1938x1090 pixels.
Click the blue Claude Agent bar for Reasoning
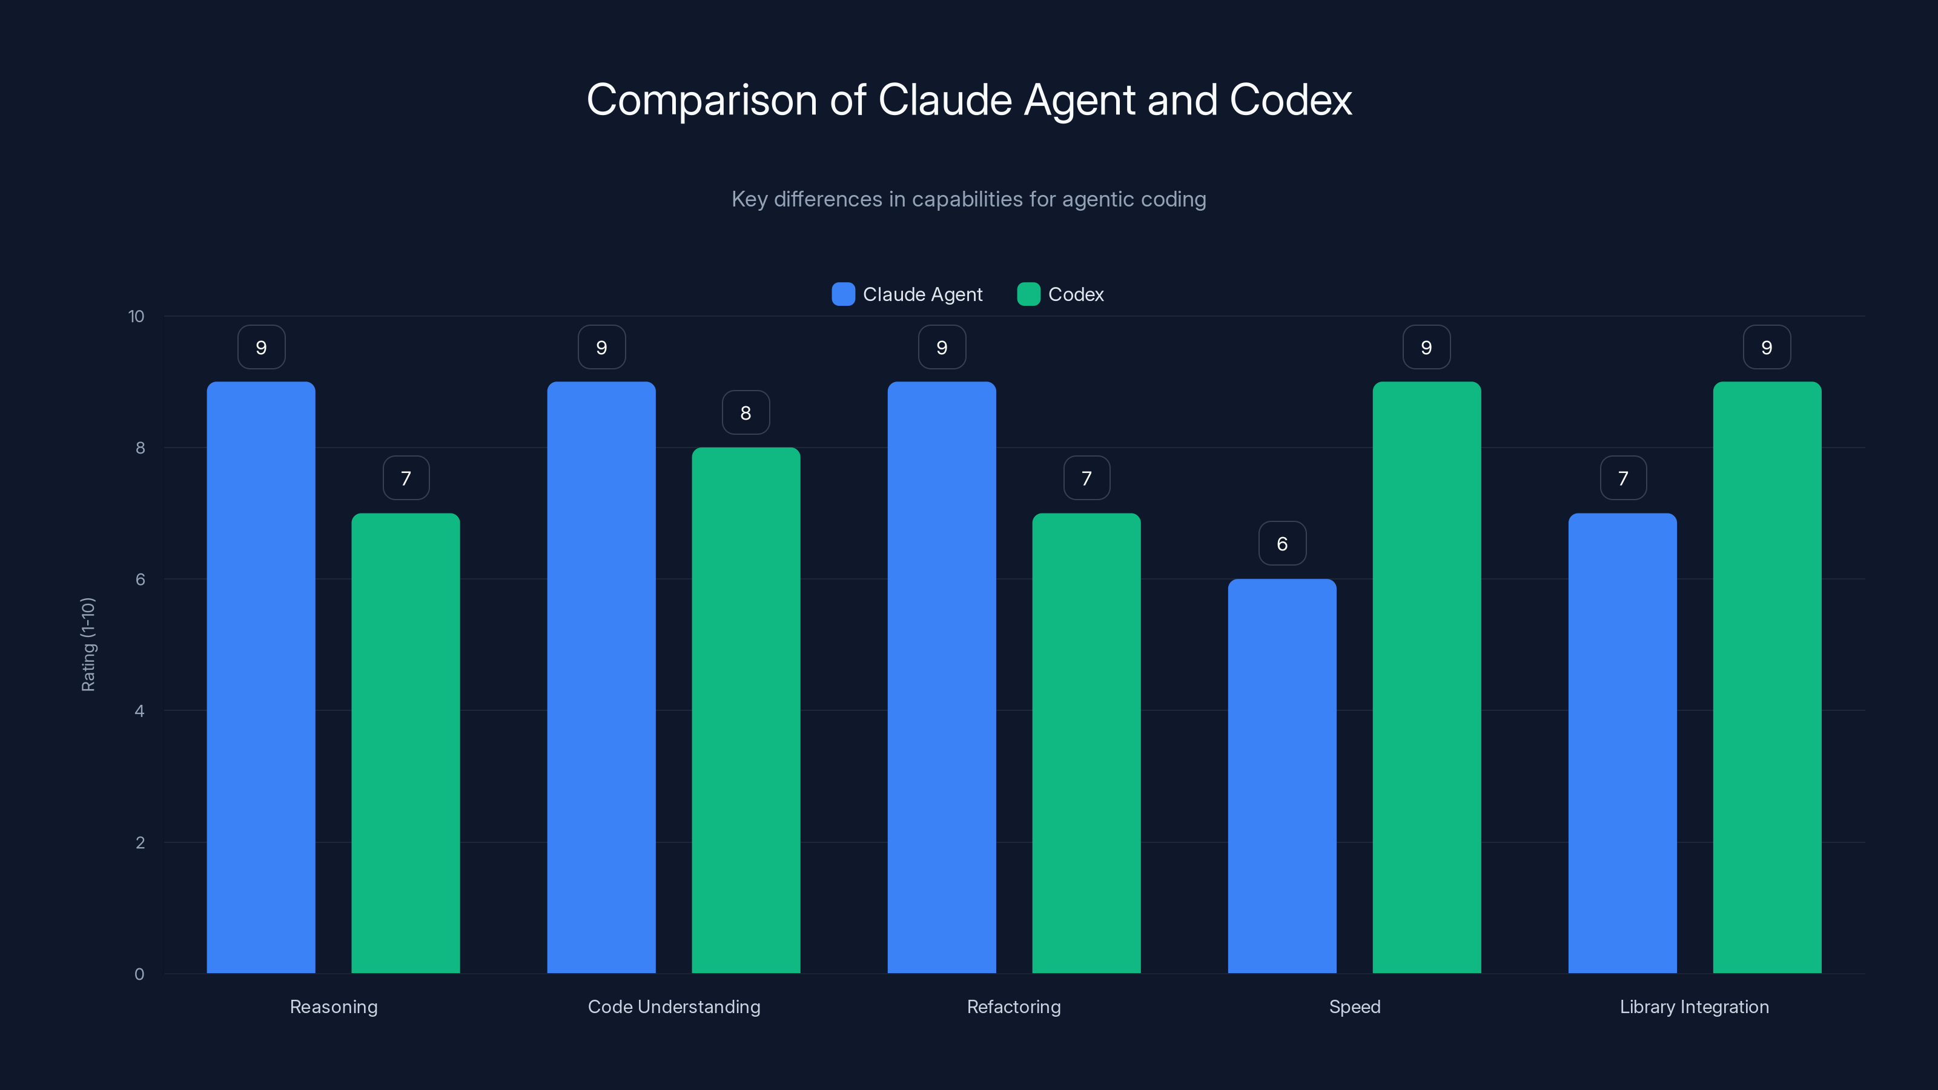point(261,677)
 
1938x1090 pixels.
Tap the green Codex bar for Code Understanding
point(746,710)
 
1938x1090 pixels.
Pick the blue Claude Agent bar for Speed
point(1282,776)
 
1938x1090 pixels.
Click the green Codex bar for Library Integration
point(1767,677)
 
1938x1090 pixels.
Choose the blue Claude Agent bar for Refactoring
point(941,677)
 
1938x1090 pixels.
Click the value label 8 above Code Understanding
point(746,412)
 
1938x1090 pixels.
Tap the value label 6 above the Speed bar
point(1282,543)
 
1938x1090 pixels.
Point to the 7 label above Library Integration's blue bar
point(1623,478)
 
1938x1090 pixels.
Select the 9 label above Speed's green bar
point(1426,347)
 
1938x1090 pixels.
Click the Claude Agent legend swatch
point(844,294)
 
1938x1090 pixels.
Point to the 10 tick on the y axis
point(136,316)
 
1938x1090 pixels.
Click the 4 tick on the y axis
point(139,711)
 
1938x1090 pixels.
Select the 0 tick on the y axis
point(139,974)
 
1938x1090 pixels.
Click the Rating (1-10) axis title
point(88,645)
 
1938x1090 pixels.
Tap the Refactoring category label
point(1013,1006)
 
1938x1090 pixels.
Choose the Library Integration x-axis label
point(1695,1006)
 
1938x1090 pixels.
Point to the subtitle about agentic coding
point(968,199)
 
